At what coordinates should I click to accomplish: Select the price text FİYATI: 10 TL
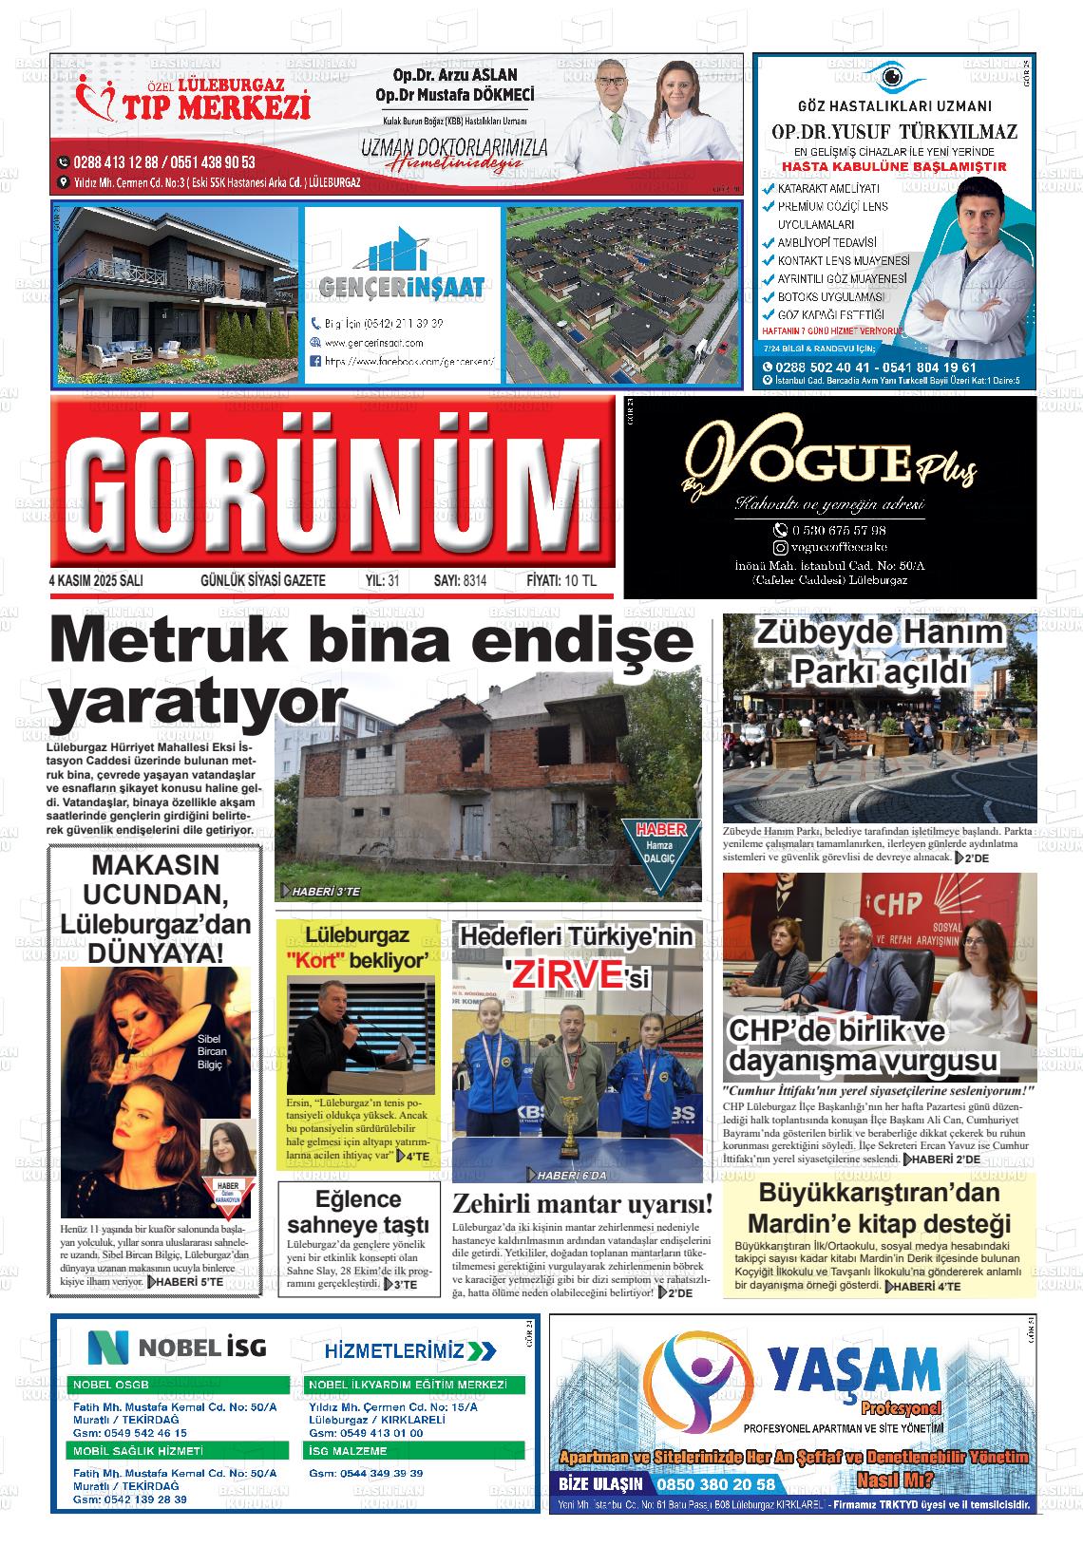pyautogui.click(x=561, y=580)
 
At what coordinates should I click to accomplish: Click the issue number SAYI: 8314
pyautogui.click(x=460, y=580)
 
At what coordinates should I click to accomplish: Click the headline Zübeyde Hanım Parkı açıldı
pyautogui.click(x=879, y=651)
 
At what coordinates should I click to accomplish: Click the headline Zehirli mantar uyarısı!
pyautogui.click(x=581, y=1205)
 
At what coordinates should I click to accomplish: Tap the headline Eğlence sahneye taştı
pyautogui.click(x=358, y=1211)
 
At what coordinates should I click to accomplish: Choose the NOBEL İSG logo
pyautogui.click(x=178, y=1346)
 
